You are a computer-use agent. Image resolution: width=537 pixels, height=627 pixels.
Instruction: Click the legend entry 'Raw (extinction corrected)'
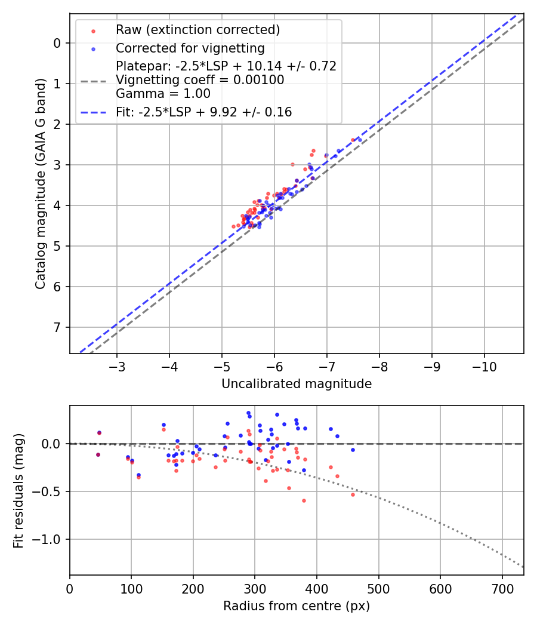[x=197, y=30]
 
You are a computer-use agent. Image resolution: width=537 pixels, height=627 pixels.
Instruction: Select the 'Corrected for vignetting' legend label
[x=190, y=48]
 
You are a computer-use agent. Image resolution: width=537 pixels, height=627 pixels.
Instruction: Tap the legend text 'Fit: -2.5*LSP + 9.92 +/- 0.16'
[x=203, y=112]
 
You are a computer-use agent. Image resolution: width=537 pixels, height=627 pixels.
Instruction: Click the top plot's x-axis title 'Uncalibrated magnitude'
[x=297, y=384]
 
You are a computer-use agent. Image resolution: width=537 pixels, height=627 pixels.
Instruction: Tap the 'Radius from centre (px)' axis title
[x=297, y=606]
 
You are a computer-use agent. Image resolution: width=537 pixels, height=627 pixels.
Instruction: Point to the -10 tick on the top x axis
[x=484, y=365]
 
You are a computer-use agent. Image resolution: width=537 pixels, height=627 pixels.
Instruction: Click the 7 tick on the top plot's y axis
[x=57, y=327]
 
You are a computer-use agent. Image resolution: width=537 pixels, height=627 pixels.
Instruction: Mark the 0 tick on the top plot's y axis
[x=57, y=43]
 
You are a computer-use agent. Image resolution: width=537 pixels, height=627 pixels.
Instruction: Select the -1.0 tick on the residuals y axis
[x=50, y=539]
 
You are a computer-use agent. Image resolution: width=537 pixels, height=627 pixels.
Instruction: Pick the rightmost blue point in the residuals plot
[x=353, y=450]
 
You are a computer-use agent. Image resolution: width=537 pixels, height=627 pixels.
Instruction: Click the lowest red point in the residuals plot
[x=304, y=500]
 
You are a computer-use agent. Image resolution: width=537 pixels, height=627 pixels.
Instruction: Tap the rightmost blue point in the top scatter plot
[x=360, y=140]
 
